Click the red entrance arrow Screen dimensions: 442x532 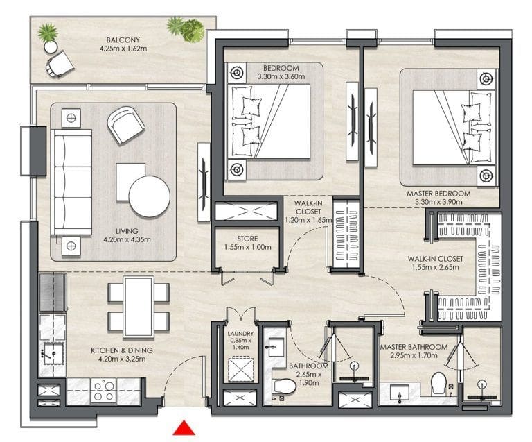pos(184,428)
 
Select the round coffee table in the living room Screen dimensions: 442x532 pos(149,196)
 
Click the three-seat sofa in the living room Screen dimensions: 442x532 pos(72,182)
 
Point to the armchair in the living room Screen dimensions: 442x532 pos(126,124)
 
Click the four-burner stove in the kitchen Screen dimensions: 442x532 pos(104,391)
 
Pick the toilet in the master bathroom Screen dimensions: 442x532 pos(438,382)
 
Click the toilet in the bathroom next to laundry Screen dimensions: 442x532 pos(284,388)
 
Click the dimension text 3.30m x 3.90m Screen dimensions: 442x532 pos(438,203)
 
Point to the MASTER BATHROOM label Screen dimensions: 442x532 pos(412,347)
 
